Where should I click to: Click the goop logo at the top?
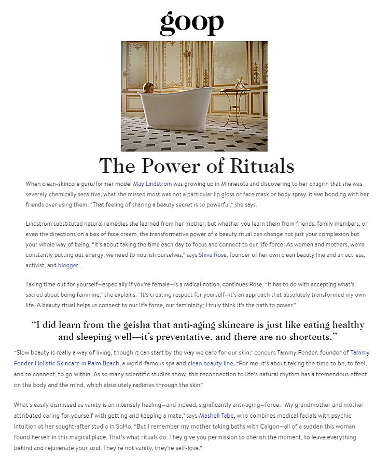point(191,22)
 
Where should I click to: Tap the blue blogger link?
point(68,265)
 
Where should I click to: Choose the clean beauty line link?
point(210,363)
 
